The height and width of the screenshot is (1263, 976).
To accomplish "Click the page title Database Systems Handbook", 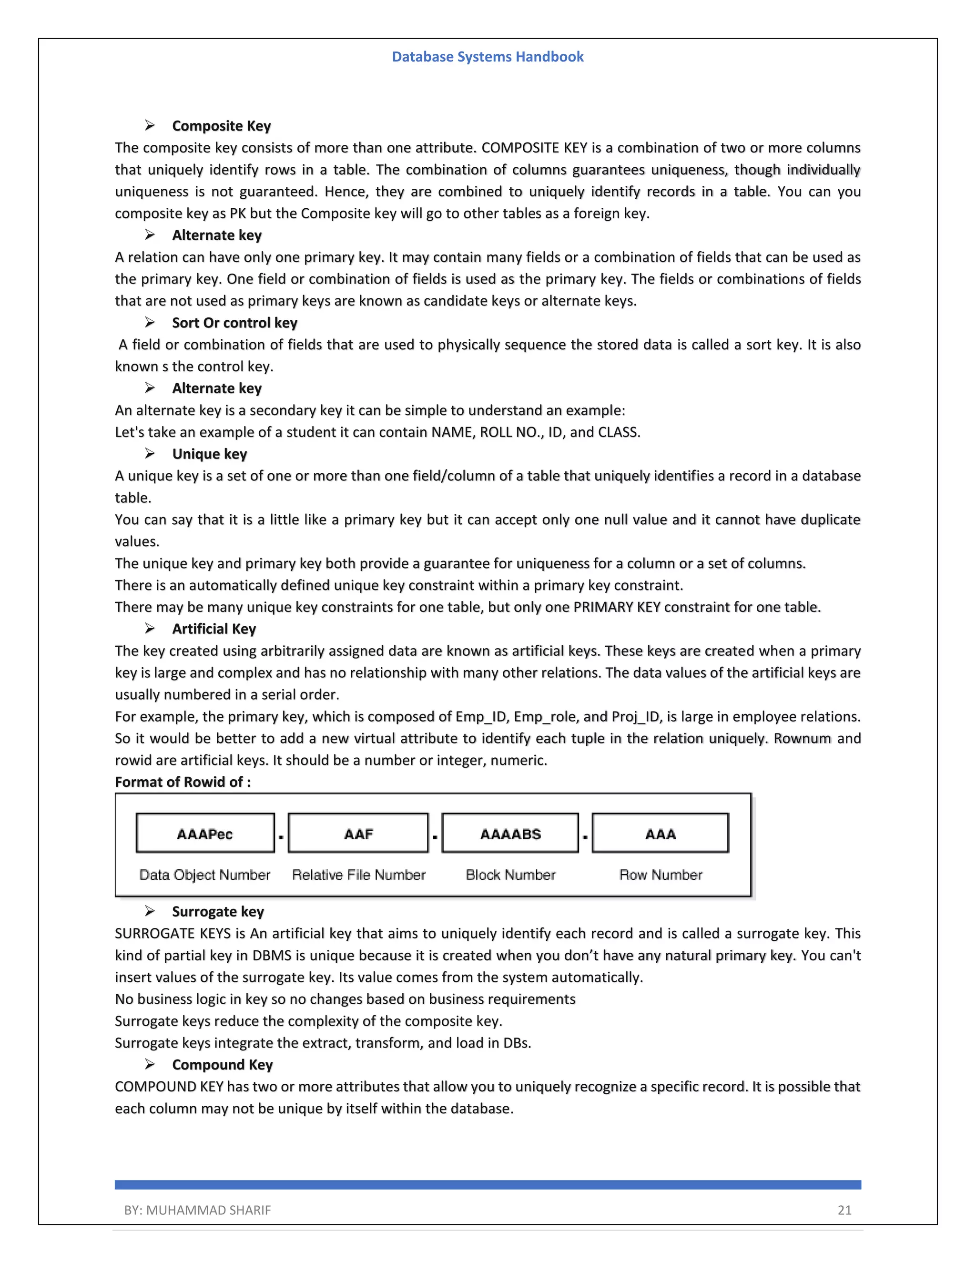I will point(488,57).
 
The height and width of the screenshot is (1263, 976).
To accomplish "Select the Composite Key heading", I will point(222,126).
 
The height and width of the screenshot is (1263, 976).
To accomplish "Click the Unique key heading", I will point(209,454).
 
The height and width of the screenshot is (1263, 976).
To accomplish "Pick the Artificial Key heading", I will point(214,629).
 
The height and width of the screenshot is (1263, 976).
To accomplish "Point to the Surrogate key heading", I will point(218,911).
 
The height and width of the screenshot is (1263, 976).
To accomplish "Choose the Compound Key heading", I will point(222,1065).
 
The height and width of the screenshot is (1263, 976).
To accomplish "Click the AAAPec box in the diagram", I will point(205,833).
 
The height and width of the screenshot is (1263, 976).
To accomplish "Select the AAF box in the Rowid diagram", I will point(358,833).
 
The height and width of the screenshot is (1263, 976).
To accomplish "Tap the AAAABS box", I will point(510,833).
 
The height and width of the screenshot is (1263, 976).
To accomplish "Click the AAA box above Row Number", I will point(661,833).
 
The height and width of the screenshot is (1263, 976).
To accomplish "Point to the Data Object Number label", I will point(204,875).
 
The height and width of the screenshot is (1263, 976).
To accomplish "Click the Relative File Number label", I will point(358,875).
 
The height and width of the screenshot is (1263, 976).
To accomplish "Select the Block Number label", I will point(510,875).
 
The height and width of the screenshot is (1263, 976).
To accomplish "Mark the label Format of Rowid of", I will point(183,782).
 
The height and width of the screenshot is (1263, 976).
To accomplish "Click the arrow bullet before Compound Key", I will point(150,1064).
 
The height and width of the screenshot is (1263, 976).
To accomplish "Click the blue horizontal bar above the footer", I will point(488,1185).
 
